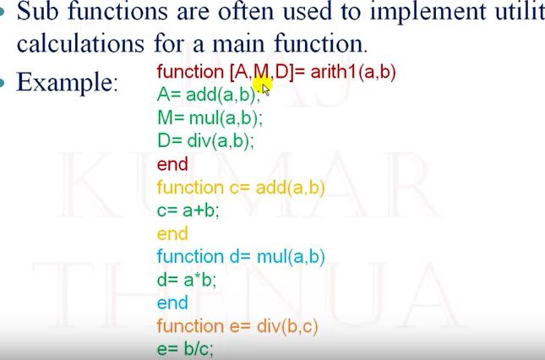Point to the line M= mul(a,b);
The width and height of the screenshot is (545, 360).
point(210,117)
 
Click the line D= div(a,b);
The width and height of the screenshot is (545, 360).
point(205,140)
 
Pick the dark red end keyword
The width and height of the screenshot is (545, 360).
point(172,164)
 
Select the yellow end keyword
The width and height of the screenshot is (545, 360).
point(172,232)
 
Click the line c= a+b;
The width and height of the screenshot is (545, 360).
point(188,210)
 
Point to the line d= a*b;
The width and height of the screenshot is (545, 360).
point(187,278)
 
